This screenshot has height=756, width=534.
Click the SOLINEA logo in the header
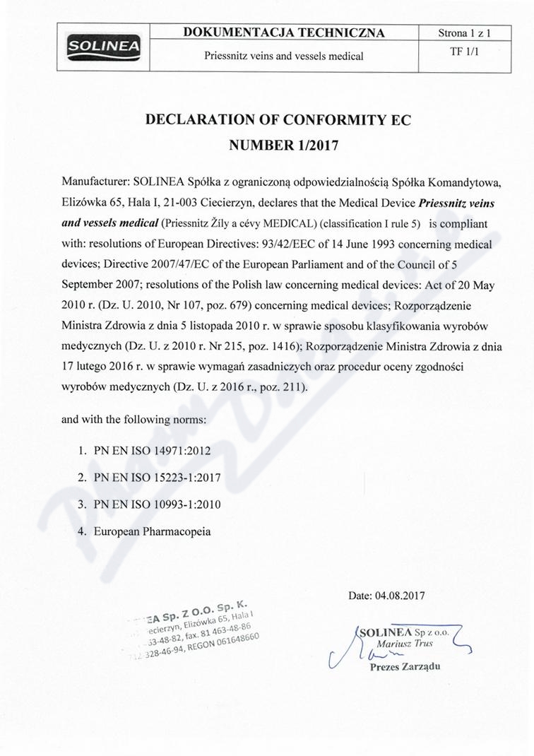103,47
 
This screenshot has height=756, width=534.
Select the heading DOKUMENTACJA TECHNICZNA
284,33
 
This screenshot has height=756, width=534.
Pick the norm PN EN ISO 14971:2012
153,449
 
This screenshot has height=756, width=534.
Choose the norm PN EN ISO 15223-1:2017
158,478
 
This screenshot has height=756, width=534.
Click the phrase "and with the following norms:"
134,419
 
